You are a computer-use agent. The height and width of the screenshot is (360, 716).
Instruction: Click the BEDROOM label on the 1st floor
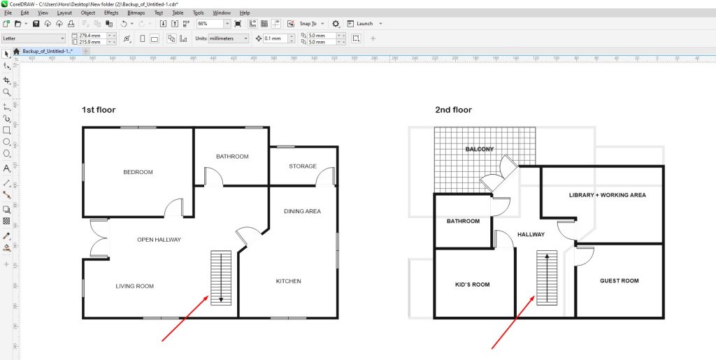tap(138, 172)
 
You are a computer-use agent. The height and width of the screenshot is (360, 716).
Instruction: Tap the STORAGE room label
tap(303, 166)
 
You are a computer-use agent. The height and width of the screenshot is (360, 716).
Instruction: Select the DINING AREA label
tap(302, 211)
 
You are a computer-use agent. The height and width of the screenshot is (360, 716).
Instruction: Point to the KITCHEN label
tap(288, 281)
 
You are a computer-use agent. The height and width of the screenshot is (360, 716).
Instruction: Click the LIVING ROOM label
tap(134, 286)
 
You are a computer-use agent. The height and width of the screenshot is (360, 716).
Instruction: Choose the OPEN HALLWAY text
tap(159, 240)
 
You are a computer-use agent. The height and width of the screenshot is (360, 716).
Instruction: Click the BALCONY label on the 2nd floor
tap(480, 149)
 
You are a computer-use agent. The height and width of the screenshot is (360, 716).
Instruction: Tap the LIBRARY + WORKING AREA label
tap(607, 195)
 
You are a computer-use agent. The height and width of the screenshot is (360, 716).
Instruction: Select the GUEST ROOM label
tap(619, 281)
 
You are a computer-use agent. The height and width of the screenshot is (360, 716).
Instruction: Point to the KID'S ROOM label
tap(472, 285)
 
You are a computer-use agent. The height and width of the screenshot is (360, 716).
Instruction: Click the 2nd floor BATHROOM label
tap(463, 222)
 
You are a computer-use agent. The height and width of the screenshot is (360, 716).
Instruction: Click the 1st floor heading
tap(99, 110)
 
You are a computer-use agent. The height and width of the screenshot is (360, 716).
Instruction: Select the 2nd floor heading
tap(452, 110)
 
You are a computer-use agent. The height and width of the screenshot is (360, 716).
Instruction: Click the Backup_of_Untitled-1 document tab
tap(48, 51)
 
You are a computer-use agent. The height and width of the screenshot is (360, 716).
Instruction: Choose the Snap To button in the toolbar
tap(312, 23)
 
